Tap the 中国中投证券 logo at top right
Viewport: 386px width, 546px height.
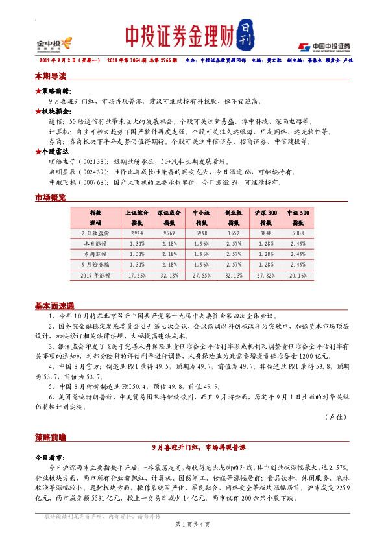(324, 47)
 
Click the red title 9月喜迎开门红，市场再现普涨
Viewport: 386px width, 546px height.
(193, 447)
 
